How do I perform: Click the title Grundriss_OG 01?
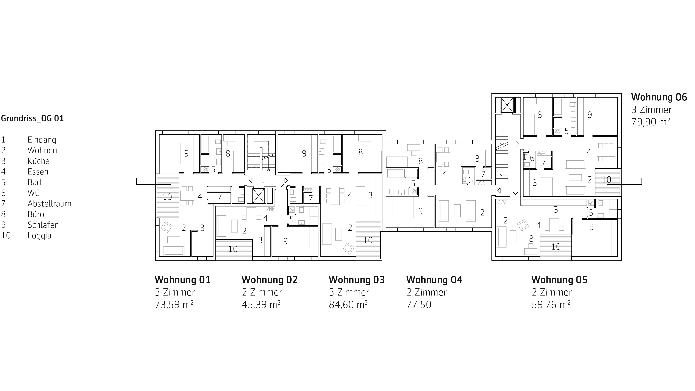[x=32, y=118]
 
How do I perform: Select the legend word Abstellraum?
[x=49, y=204]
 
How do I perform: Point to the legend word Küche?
[x=38, y=161]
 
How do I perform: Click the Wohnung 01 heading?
[x=182, y=280]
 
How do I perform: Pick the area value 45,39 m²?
[x=261, y=305]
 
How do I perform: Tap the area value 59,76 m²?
[x=551, y=305]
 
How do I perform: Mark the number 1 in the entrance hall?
[x=263, y=179]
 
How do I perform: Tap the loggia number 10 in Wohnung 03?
[x=368, y=240]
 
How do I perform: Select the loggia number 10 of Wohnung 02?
[x=233, y=249]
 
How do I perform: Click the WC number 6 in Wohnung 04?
[x=470, y=180]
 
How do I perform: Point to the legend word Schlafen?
[x=43, y=225]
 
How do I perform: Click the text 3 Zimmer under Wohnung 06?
[x=651, y=110]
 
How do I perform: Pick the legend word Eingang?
[x=42, y=140]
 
